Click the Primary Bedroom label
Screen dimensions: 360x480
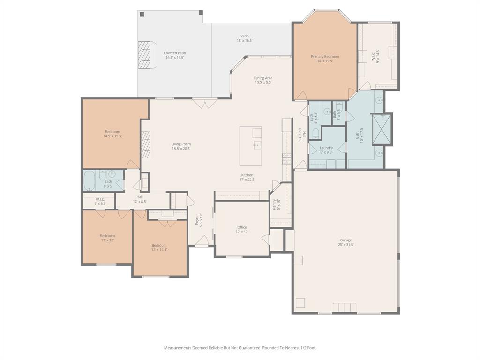pos(325,59)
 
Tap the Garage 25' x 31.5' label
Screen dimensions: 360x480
pos(346,242)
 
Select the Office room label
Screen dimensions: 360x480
pos(242,229)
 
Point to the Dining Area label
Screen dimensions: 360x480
pos(263,80)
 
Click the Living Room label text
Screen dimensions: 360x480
pos(181,146)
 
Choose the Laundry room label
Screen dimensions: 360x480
pos(326,150)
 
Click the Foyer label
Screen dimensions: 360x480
pos(199,220)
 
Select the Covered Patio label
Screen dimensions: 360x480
pos(174,55)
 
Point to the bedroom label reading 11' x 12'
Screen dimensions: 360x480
pos(107,238)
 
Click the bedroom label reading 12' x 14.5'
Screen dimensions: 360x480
pos(159,247)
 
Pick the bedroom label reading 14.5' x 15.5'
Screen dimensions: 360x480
pos(112,134)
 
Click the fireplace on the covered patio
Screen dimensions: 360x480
pos(146,55)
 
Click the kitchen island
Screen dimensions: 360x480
pos(251,146)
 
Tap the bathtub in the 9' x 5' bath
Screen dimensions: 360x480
pos(90,180)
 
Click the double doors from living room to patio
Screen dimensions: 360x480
pos(205,103)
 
